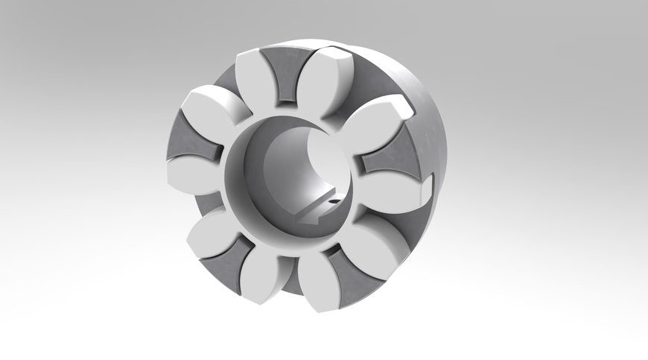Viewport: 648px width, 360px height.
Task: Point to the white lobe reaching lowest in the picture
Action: pos(320,283)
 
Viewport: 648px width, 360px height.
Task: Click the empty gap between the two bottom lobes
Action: pos(295,280)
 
